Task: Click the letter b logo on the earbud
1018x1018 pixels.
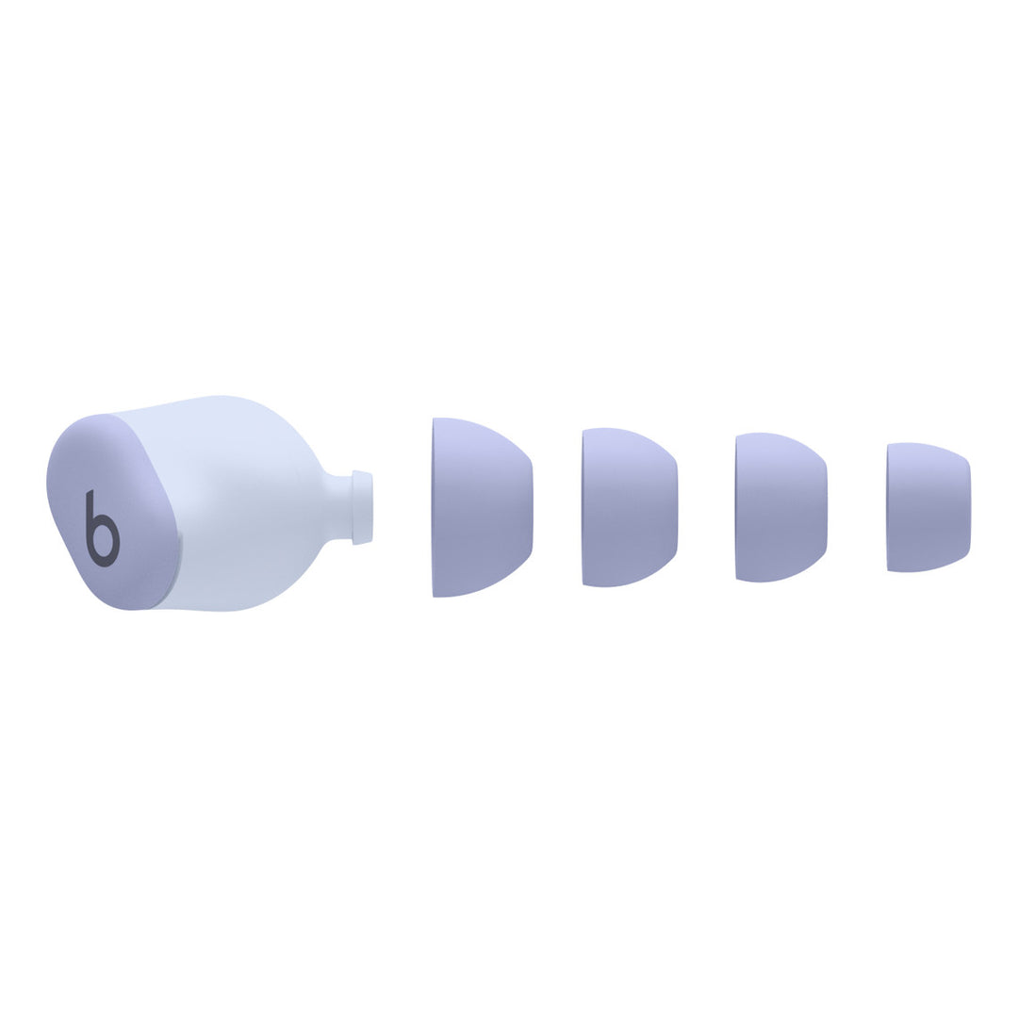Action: (x=102, y=530)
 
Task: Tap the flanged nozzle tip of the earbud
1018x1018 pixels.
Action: (x=362, y=507)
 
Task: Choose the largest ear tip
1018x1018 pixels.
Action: (x=481, y=507)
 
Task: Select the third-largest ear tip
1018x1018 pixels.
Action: (x=780, y=507)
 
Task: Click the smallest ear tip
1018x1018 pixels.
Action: (x=928, y=507)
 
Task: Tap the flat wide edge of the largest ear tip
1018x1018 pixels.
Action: (x=435, y=507)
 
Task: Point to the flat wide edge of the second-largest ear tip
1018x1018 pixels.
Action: (x=584, y=507)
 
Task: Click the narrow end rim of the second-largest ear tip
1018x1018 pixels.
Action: (x=677, y=507)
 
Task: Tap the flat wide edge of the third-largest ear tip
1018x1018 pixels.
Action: (x=737, y=507)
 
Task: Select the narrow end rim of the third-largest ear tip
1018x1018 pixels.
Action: (x=826, y=507)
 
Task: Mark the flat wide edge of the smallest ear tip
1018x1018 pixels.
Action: (x=889, y=507)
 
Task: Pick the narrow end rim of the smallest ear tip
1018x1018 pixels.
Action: (x=969, y=507)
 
